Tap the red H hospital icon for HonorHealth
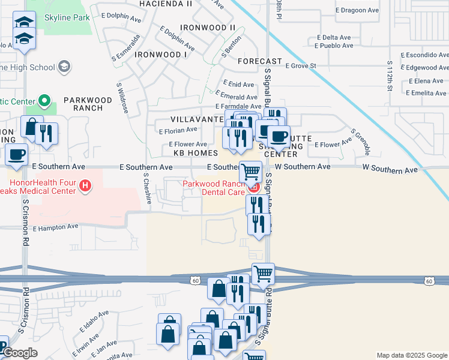point(86,187)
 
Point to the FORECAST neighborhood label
point(259,61)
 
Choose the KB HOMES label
point(195,153)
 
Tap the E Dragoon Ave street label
point(358,11)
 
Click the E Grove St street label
point(300,65)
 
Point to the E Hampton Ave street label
point(56,227)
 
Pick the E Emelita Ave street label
point(426,93)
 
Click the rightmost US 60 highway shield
point(428,281)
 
